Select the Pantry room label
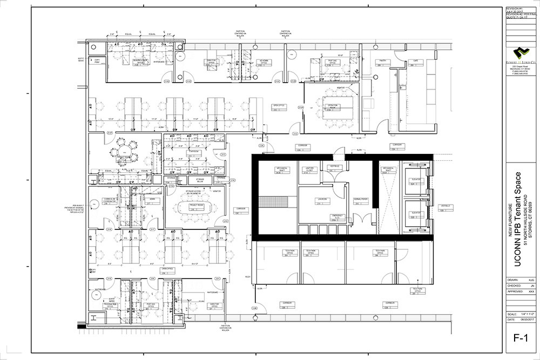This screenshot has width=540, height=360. click(382, 61)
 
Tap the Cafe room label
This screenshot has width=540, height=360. click(416, 61)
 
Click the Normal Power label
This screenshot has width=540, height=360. click(361, 200)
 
